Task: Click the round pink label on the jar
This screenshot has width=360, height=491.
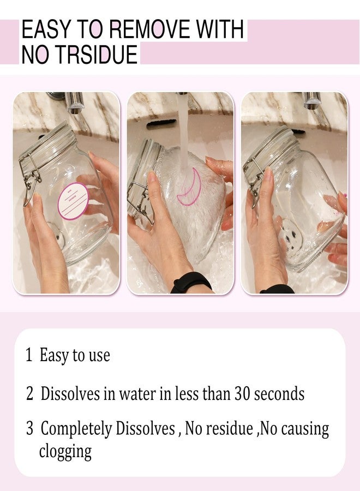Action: (x=73, y=201)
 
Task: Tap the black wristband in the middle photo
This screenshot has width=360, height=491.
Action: (x=191, y=283)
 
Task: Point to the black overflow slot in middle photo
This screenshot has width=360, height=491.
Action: (x=161, y=124)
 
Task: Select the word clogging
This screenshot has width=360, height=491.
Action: (x=65, y=452)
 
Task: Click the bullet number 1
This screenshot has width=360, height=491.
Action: (x=29, y=355)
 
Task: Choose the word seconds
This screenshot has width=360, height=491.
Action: (x=279, y=394)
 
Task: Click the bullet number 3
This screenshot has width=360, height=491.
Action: (x=29, y=428)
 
